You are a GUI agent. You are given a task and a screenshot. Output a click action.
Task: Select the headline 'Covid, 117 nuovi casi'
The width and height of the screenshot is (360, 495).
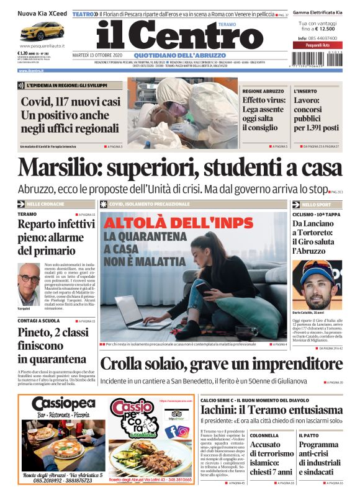tap(71, 102)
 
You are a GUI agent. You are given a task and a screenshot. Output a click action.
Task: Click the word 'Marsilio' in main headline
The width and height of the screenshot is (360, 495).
tap(60, 167)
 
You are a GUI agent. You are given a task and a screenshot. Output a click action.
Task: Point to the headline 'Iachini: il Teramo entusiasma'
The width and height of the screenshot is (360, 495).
tap(271, 410)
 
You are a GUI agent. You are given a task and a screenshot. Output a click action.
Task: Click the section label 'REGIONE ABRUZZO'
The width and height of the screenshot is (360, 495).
tap(263, 91)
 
